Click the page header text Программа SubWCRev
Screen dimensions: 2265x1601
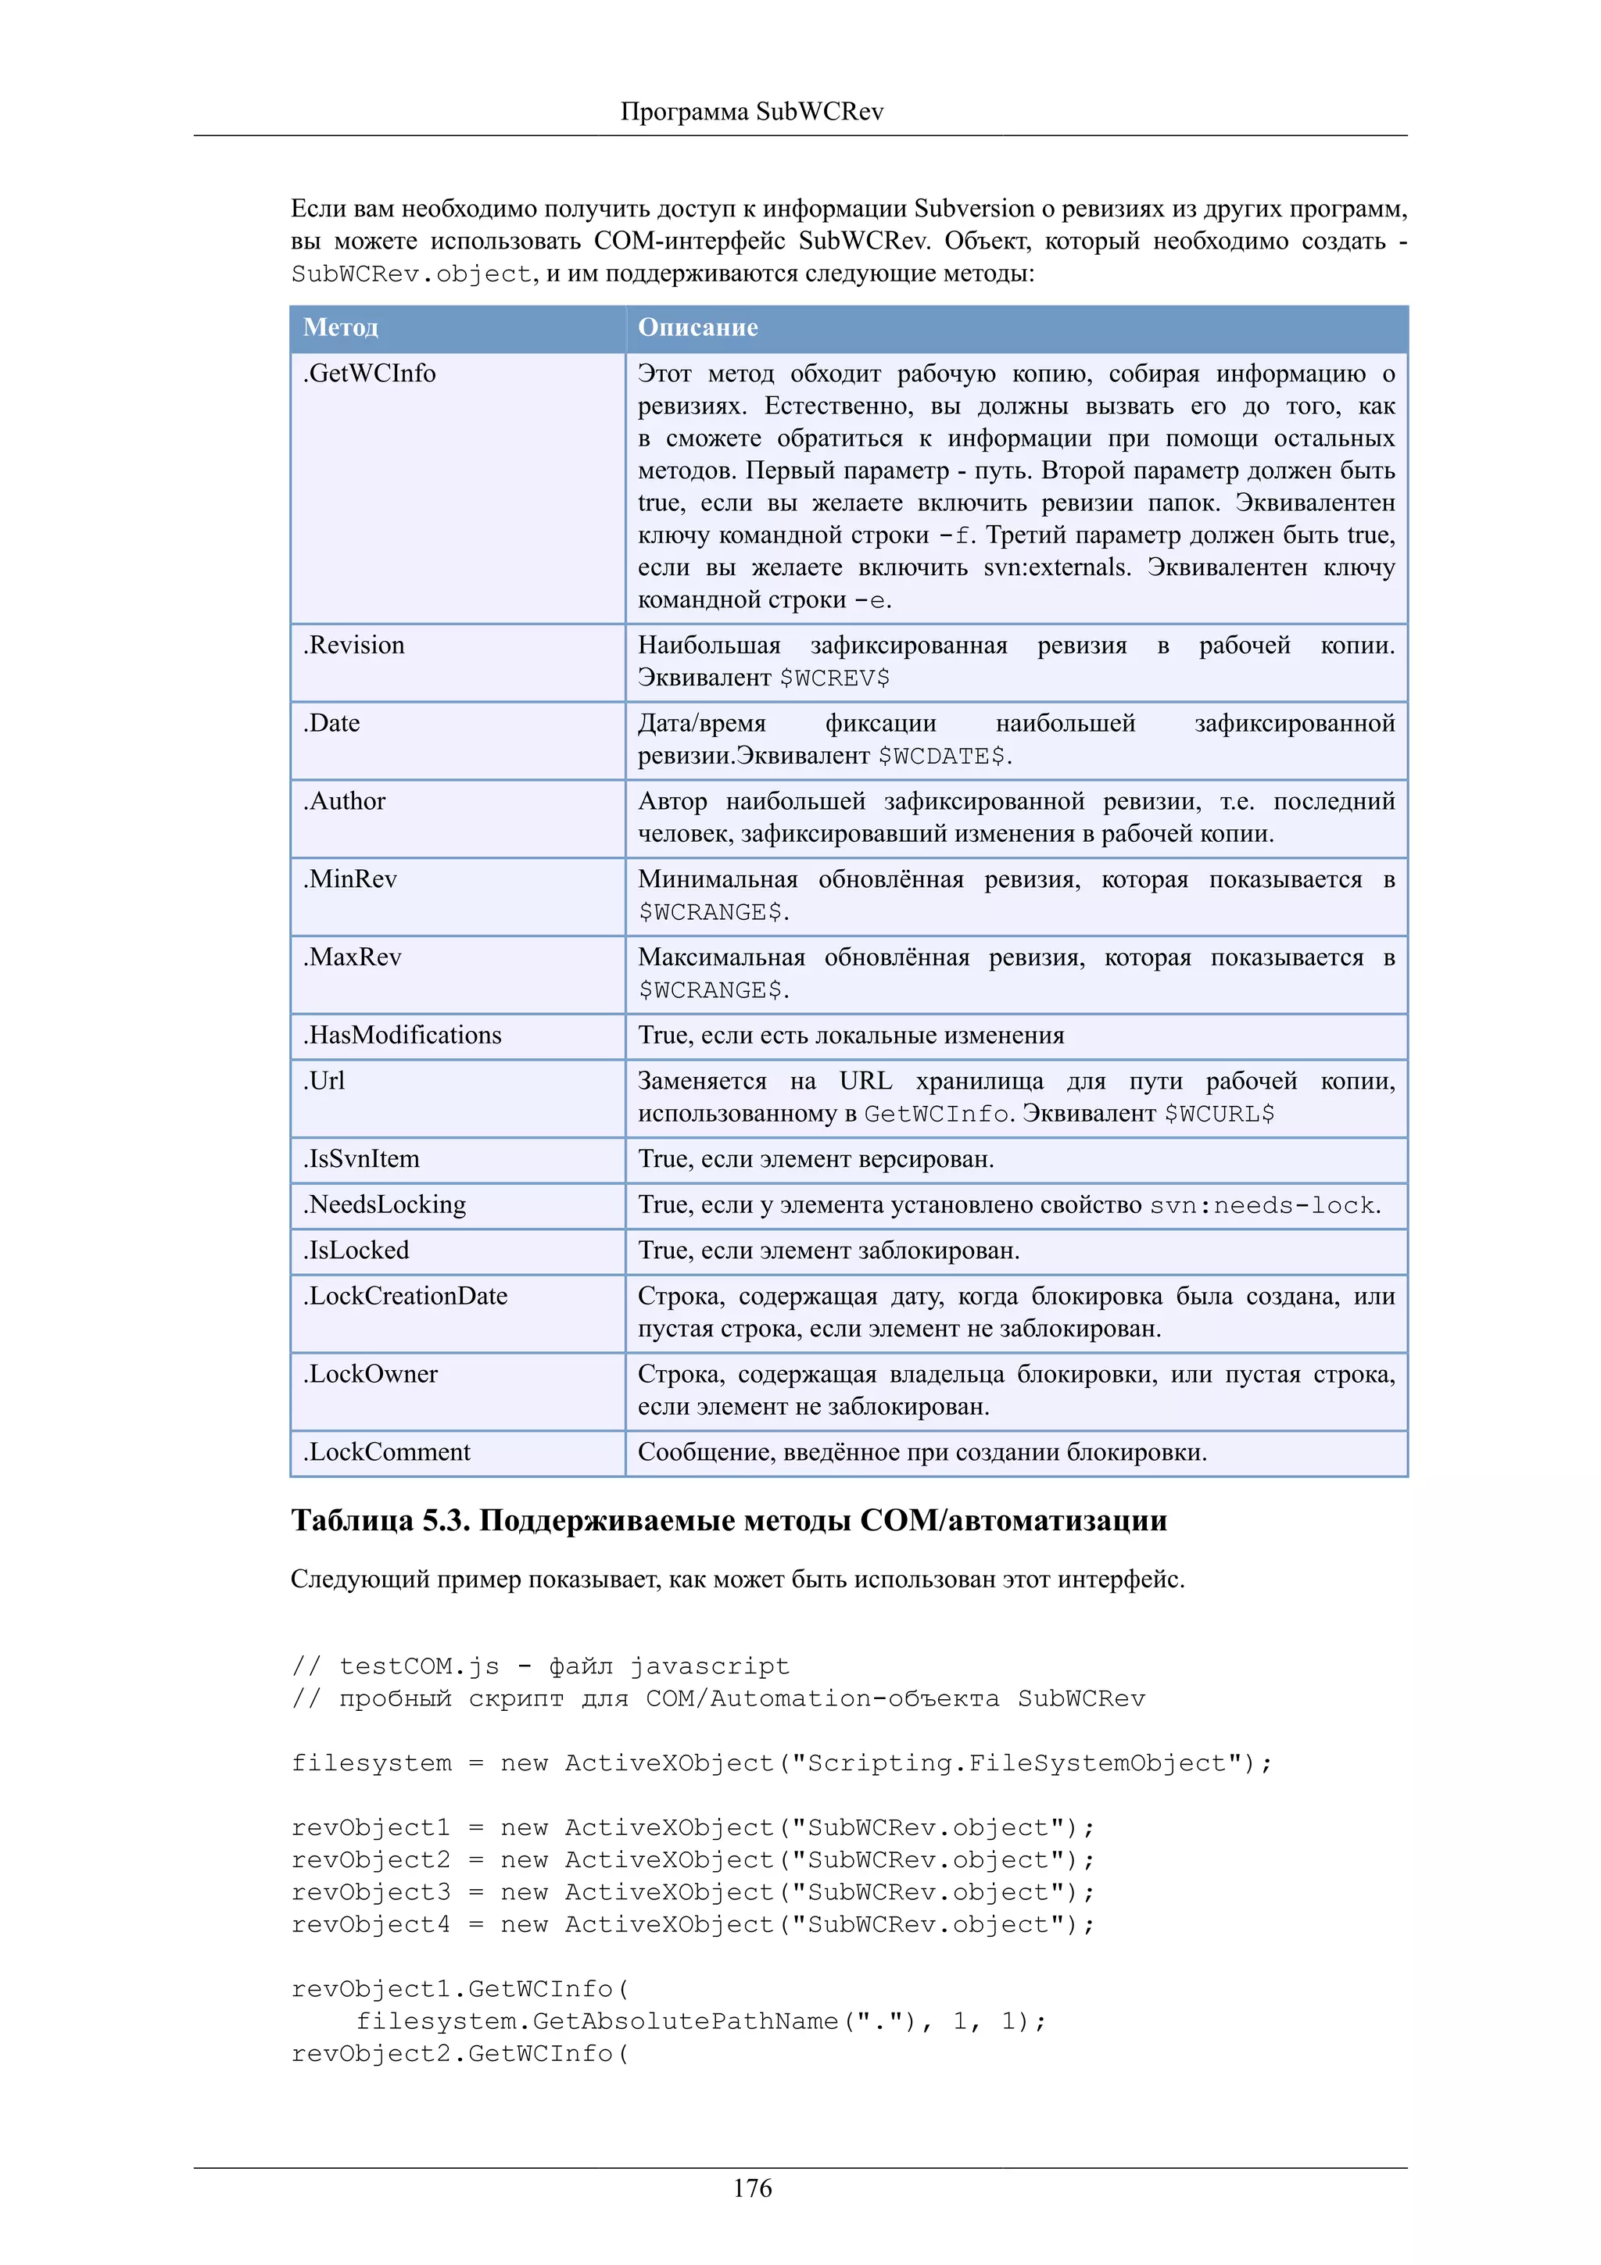point(752,112)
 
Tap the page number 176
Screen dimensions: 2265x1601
point(752,2188)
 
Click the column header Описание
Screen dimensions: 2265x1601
point(697,327)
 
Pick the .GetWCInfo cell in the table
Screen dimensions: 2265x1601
point(370,374)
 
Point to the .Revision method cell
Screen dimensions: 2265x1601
point(354,645)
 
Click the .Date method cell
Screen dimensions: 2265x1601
point(331,723)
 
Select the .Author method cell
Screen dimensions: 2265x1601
point(344,801)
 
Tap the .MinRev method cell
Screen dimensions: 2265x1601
point(350,879)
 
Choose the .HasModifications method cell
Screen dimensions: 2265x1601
point(403,1035)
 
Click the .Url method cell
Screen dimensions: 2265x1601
point(324,1081)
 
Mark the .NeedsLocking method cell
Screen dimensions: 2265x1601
point(385,1204)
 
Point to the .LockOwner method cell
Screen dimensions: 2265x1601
point(371,1374)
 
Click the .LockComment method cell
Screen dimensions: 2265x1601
point(387,1452)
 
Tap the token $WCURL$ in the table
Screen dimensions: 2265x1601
point(1220,1114)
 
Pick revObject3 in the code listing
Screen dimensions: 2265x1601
point(371,1892)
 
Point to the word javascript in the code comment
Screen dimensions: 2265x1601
point(709,1666)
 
